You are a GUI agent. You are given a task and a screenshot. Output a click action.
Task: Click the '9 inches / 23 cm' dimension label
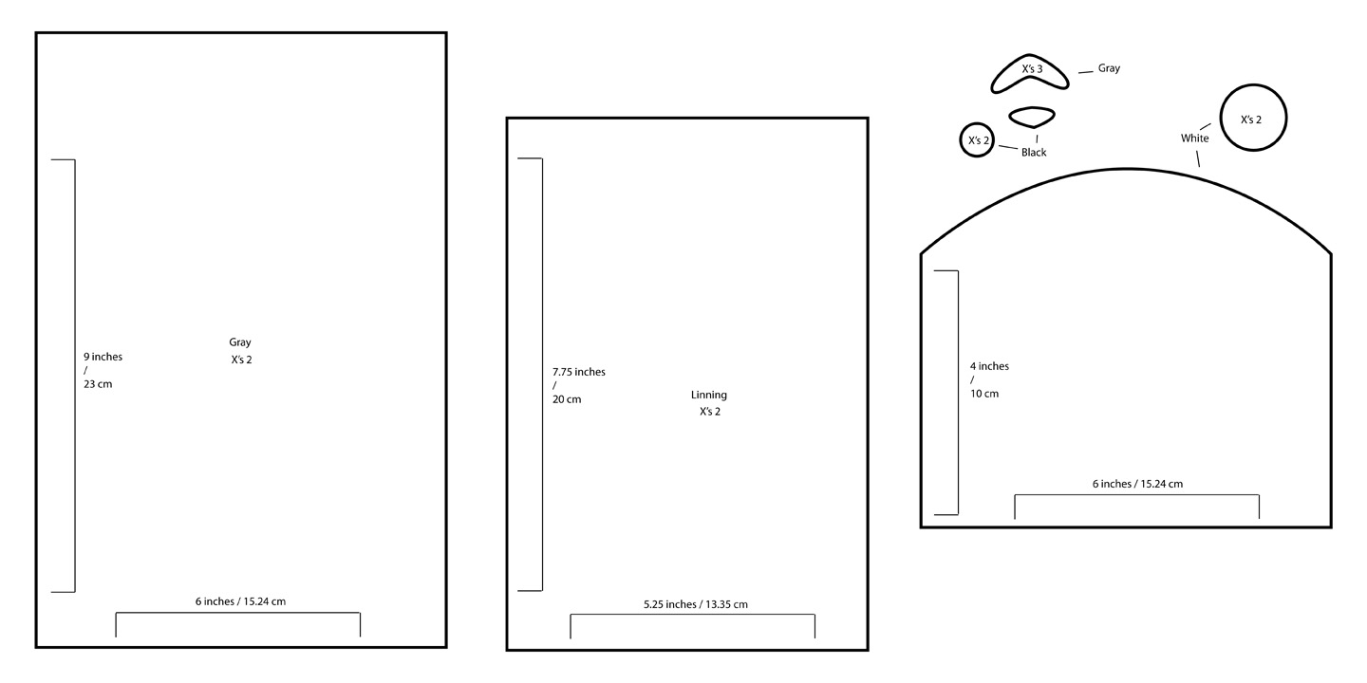[103, 370]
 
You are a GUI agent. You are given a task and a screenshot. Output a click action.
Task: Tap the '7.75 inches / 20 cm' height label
[578, 385]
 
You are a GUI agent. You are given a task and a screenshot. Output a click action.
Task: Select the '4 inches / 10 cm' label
[989, 379]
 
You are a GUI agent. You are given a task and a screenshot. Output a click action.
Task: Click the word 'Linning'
[709, 395]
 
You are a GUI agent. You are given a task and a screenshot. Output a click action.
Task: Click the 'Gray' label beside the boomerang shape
[1109, 68]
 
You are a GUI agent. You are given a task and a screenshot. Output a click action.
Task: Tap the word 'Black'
[1034, 153]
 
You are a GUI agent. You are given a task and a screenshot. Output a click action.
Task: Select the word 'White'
[1194, 138]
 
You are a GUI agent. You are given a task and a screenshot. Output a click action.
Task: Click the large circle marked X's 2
[1252, 119]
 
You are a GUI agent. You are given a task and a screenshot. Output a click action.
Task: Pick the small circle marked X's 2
[978, 140]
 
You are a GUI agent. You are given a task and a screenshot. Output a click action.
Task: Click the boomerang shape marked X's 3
[1030, 75]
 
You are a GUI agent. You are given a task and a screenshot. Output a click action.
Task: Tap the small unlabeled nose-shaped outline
[1031, 117]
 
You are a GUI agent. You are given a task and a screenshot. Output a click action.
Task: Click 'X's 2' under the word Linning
[710, 412]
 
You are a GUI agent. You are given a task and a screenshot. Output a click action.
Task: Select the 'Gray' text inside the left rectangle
[240, 342]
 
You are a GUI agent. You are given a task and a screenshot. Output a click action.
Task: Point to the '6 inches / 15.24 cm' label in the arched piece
[1137, 484]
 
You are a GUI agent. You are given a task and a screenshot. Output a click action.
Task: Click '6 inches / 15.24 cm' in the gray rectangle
[240, 601]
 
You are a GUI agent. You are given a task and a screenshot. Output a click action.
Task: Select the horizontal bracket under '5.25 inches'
[692, 615]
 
